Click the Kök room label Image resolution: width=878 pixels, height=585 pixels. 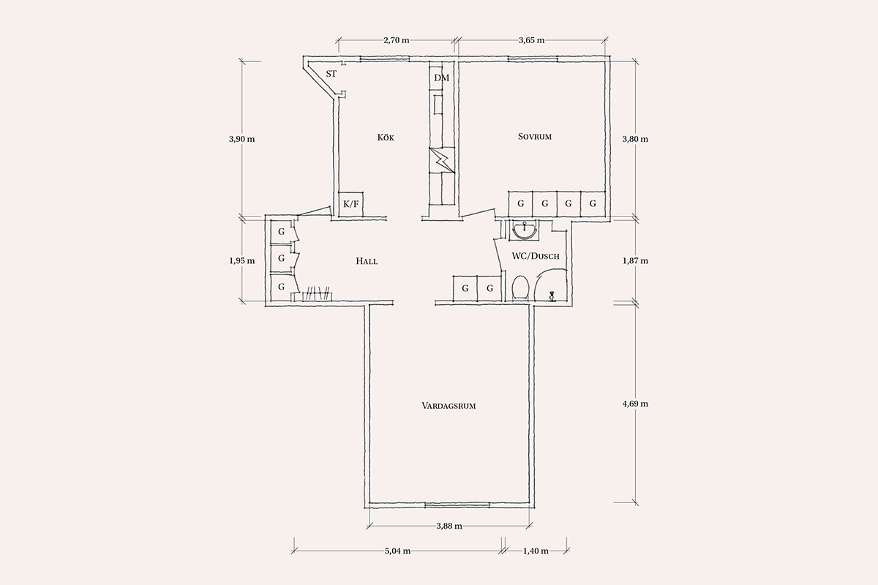pos(386,137)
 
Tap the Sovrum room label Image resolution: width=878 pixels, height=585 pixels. pos(535,137)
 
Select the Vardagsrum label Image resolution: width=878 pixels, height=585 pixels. pos(449,406)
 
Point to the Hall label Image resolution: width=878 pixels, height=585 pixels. pos(367,261)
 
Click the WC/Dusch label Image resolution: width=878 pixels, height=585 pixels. pos(536,256)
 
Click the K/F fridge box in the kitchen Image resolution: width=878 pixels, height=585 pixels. pos(350,204)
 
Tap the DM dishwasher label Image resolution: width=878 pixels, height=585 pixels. pos(442,78)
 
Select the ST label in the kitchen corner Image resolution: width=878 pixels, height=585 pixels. pos(331,74)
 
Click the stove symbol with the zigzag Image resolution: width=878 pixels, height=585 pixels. pos(442,160)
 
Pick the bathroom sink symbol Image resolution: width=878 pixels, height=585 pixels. pos(525,230)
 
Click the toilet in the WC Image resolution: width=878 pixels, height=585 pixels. pos(520,288)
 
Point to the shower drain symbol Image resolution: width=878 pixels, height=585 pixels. pos(552,296)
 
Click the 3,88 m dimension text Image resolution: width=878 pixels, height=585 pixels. pos(449,526)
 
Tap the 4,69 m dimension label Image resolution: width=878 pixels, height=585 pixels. pos(635,404)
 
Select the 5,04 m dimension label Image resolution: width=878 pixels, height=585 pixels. pos(397,551)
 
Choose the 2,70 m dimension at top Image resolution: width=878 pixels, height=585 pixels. pos(397,40)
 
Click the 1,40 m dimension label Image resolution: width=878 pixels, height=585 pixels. pos(536,551)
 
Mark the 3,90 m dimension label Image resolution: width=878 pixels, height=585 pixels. pos(242,139)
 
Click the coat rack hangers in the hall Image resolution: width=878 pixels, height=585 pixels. pos(317,294)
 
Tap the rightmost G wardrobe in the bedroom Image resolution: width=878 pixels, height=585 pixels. pos(593,204)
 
